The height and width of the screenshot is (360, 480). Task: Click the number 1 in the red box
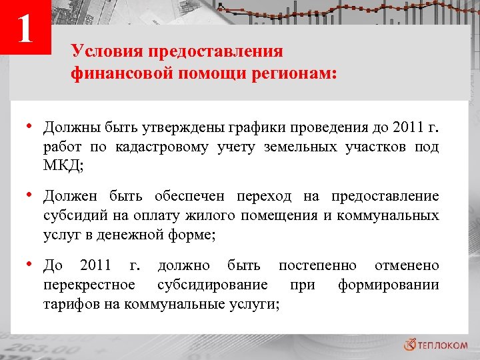26,29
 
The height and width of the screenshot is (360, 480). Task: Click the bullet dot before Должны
31,125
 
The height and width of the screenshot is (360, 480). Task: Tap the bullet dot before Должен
31,195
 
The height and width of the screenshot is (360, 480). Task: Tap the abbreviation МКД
61,167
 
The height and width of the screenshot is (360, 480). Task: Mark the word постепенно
317,266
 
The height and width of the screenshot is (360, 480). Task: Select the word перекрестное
89,286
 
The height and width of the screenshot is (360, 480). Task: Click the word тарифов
68,305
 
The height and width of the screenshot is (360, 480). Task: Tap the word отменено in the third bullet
407,266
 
